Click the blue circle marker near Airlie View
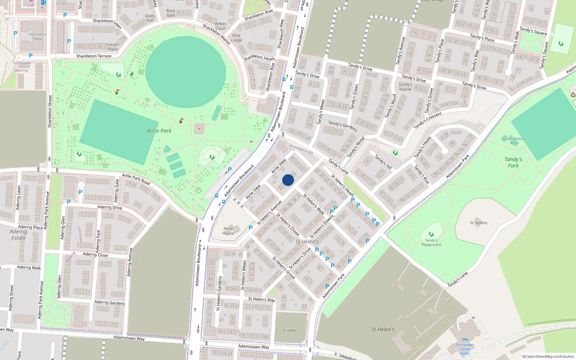(288, 180)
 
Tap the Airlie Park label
(159, 131)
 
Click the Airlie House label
(228, 231)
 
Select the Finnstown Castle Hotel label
(465, 349)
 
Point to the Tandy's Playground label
(431, 242)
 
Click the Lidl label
(31, 5)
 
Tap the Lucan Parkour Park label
(514, 141)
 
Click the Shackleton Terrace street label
(94, 56)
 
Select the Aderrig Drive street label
(110, 207)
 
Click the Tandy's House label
(405, 87)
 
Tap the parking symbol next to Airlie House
(251, 228)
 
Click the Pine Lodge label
(236, 38)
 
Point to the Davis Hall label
(150, 18)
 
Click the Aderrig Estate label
(18, 235)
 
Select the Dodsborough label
(301, 149)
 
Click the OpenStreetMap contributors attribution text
(548, 356)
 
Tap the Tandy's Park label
(513, 162)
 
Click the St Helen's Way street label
(261, 299)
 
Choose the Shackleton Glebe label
(38, 36)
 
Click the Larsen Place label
(113, 47)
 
